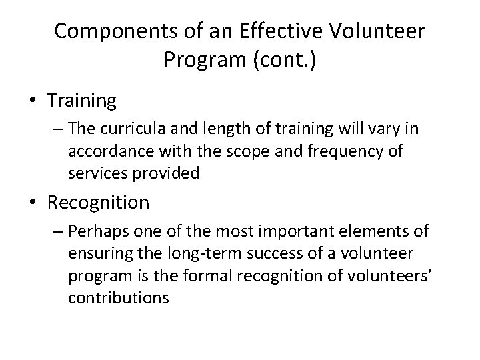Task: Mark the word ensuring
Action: click(97, 255)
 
